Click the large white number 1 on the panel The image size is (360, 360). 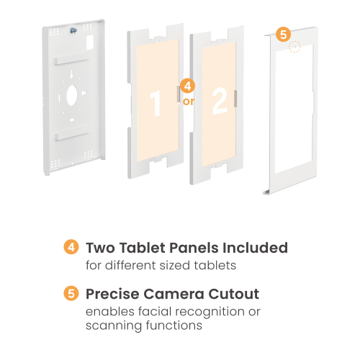coord(156,104)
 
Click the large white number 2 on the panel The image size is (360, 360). coord(220,101)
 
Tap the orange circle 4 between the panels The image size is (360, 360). coord(187,86)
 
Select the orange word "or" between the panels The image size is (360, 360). coord(189,102)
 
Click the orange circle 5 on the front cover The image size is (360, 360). coord(283,35)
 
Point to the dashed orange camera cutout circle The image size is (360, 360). coord(294,47)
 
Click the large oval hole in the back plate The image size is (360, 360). coord(72,95)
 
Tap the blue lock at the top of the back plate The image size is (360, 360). coord(73,30)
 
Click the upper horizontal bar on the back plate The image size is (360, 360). coord(71,61)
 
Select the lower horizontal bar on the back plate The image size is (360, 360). coord(72,136)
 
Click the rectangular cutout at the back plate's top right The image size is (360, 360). coord(90,42)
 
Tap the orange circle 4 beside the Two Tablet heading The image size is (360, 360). coord(71,247)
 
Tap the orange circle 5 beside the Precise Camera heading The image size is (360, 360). coord(71,293)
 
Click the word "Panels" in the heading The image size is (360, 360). coord(194,248)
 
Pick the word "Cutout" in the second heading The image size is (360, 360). coord(234,294)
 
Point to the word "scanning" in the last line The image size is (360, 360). coord(114,326)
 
